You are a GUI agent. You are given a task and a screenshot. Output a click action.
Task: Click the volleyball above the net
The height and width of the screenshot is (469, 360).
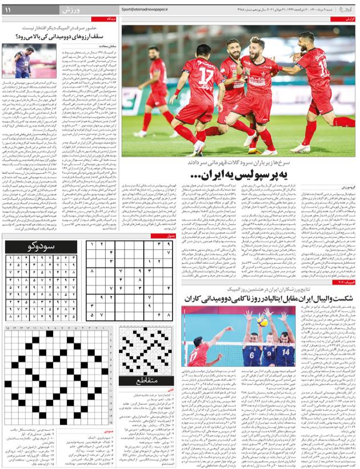coord(262,320)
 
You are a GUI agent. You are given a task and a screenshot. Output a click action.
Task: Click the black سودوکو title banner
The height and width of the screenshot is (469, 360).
coord(41,247)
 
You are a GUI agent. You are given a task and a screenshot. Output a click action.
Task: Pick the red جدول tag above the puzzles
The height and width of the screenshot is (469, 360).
coord(170,236)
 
